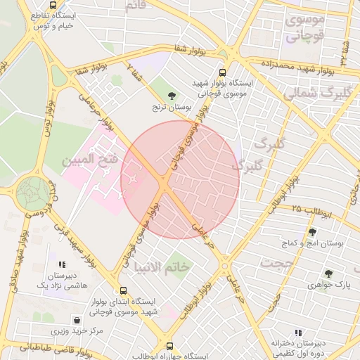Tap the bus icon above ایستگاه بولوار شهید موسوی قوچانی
(x=223, y=72)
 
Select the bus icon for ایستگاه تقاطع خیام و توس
(x=53, y=4)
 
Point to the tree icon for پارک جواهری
(x=328, y=274)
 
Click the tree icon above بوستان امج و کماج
(x=312, y=231)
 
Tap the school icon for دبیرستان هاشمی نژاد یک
(x=62, y=264)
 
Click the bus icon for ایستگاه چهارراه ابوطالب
(x=169, y=346)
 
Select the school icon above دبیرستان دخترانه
(x=298, y=332)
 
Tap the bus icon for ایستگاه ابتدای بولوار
(x=124, y=290)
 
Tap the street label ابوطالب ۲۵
(x=307, y=210)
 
